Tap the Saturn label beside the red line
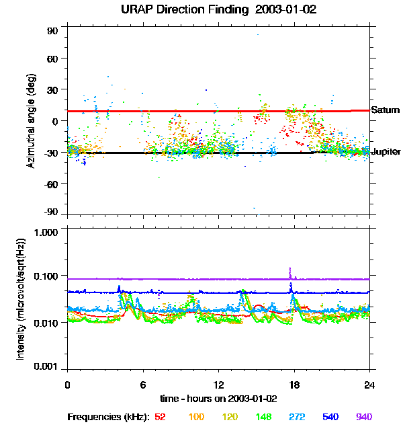pos(385,110)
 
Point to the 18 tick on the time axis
pos(294,385)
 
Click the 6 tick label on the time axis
pos(142,385)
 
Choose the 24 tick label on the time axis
pos(369,385)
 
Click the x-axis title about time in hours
pos(219,398)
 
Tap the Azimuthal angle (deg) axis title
pos(31,121)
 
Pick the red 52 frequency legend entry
pos(161,418)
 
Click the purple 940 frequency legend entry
pos(363,418)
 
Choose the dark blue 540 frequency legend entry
pos(330,418)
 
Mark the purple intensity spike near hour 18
pos(289,270)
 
